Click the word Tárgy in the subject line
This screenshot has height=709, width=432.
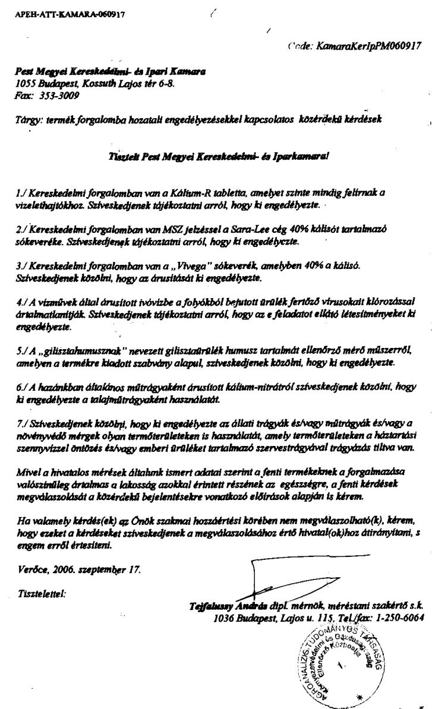coord(29,119)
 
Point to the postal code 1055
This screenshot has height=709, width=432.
coord(27,84)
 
